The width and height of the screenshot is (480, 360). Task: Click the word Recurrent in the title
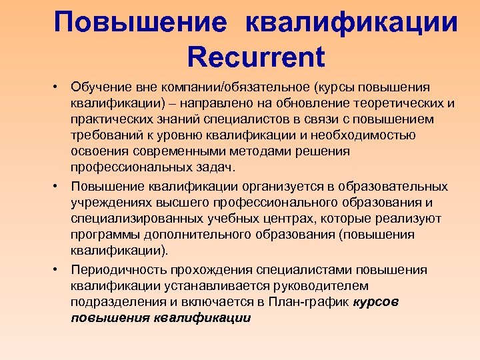click(x=256, y=57)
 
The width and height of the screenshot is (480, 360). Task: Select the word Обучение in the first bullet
click(x=100, y=88)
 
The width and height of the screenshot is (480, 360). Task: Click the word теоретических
click(x=404, y=104)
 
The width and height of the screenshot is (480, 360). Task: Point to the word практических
click(x=112, y=120)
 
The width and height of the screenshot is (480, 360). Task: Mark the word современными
click(x=183, y=152)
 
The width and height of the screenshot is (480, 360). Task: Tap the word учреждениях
click(x=111, y=203)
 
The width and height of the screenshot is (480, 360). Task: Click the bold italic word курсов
click(x=376, y=302)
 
